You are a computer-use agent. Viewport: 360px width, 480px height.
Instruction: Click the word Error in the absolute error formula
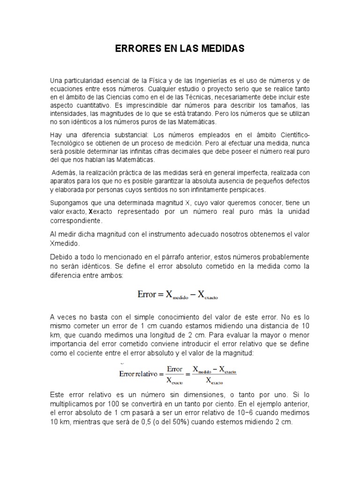[146, 295]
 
